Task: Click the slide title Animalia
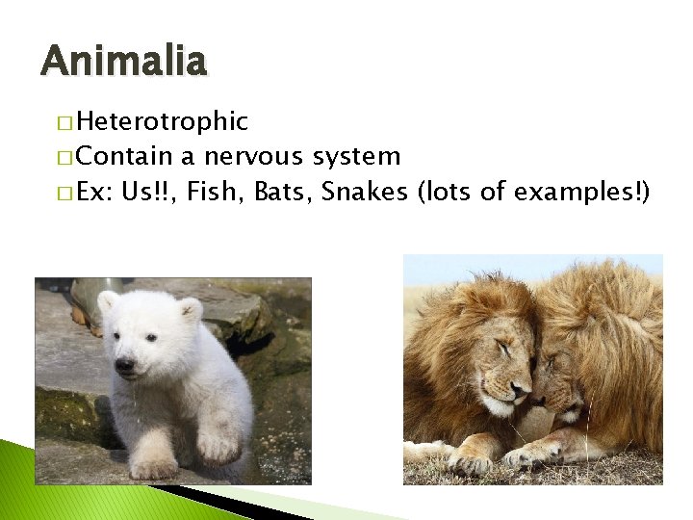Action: tap(123, 62)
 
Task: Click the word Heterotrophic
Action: tap(162, 121)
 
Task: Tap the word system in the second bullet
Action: tap(355, 156)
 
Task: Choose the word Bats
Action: tap(283, 192)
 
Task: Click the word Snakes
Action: tap(365, 192)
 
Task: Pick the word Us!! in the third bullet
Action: tap(147, 192)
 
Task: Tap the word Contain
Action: tap(124, 156)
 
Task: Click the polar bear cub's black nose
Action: tap(124, 365)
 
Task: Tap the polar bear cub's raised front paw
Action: tap(218, 446)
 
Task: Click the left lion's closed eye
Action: tap(501, 349)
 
